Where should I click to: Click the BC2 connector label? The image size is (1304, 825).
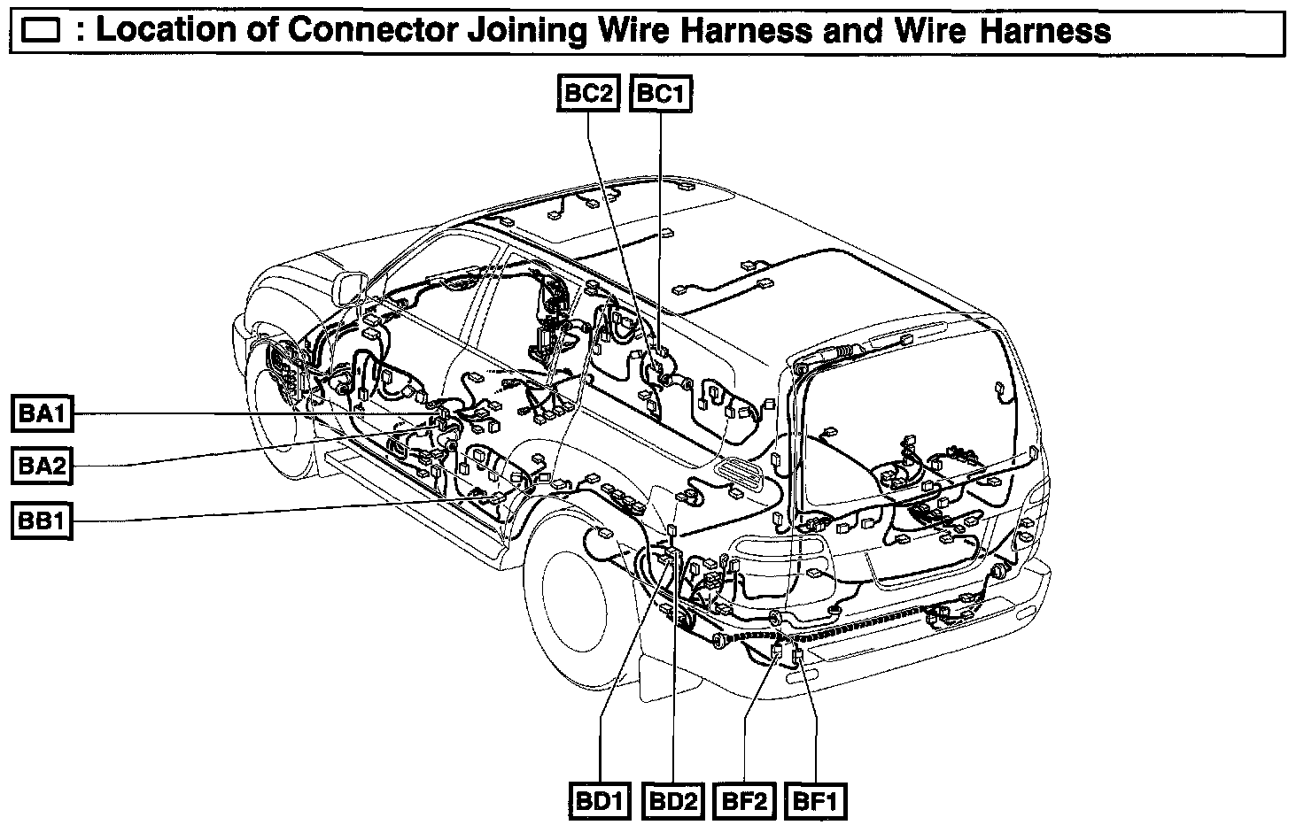click(x=586, y=94)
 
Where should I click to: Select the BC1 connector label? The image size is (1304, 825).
click(x=660, y=94)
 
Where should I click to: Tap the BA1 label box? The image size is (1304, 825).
click(x=42, y=412)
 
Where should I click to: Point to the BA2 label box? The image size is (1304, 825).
click(x=42, y=466)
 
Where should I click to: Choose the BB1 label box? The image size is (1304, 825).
click(x=42, y=520)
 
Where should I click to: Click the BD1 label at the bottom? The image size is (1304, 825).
click(x=600, y=802)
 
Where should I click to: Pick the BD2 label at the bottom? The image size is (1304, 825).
click(x=673, y=802)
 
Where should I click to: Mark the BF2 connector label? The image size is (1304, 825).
click(x=745, y=802)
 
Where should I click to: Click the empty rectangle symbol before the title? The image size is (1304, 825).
click(x=40, y=33)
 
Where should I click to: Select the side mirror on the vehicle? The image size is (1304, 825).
click(x=350, y=288)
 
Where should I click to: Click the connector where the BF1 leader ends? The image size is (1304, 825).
click(x=797, y=656)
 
